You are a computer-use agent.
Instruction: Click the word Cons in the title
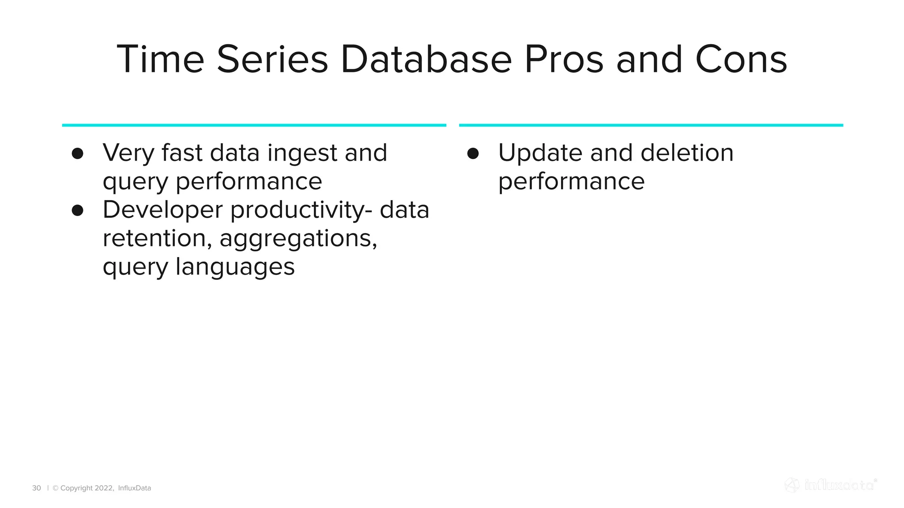(x=741, y=60)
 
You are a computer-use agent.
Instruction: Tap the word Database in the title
(x=426, y=60)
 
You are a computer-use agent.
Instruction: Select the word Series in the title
(x=272, y=60)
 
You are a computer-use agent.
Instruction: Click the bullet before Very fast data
(x=78, y=153)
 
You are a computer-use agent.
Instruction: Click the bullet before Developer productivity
(x=78, y=210)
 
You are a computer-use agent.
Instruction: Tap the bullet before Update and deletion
(x=473, y=153)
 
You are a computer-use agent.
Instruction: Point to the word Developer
(x=162, y=210)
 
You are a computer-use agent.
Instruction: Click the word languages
(x=235, y=268)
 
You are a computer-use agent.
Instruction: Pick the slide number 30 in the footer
(x=37, y=488)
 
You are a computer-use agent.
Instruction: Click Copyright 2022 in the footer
(x=86, y=488)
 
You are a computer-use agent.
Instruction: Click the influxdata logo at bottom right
(x=830, y=485)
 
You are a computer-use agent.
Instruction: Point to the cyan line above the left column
(x=254, y=125)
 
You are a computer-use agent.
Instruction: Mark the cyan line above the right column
(x=651, y=125)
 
